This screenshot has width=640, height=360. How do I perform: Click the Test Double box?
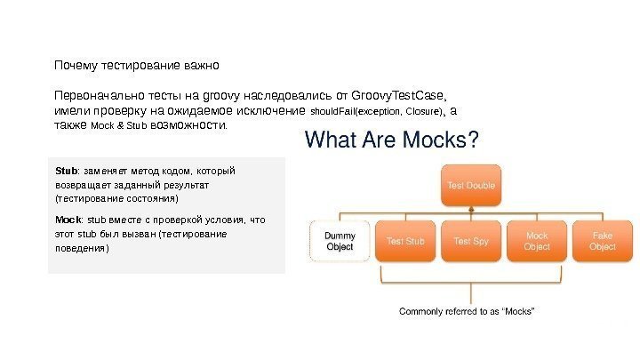point(470,185)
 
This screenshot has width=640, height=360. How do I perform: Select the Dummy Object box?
point(340,241)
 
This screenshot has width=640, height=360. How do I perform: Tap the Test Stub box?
point(404,241)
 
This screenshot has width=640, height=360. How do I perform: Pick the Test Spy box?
point(470,241)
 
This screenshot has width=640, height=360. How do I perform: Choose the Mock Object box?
point(536,241)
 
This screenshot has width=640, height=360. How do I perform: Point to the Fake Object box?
point(602,241)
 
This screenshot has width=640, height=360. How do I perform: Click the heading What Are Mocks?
point(392,140)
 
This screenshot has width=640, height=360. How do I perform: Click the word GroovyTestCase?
point(398,95)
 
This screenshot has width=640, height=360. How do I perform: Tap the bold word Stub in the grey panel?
point(66,169)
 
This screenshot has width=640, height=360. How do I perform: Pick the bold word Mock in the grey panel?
point(68,219)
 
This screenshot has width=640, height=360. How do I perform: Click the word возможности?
point(189,126)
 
